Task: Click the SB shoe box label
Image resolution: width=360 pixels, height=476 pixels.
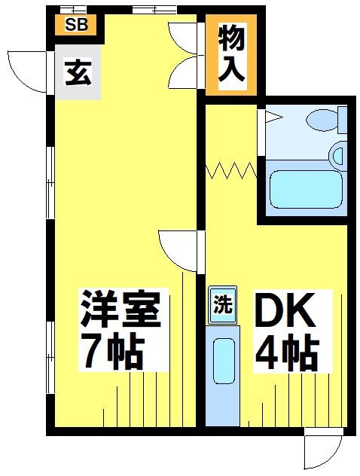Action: (76, 24)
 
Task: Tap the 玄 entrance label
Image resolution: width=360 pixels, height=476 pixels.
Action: (78, 73)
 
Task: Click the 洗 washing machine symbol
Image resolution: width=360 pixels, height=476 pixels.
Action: (222, 306)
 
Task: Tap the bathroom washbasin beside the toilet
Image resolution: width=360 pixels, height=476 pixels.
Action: (340, 156)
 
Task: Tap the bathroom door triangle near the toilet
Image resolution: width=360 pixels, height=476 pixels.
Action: (272, 117)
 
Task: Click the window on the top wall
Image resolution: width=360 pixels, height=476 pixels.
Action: (154, 10)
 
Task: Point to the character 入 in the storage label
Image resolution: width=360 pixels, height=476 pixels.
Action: (232, 69)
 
